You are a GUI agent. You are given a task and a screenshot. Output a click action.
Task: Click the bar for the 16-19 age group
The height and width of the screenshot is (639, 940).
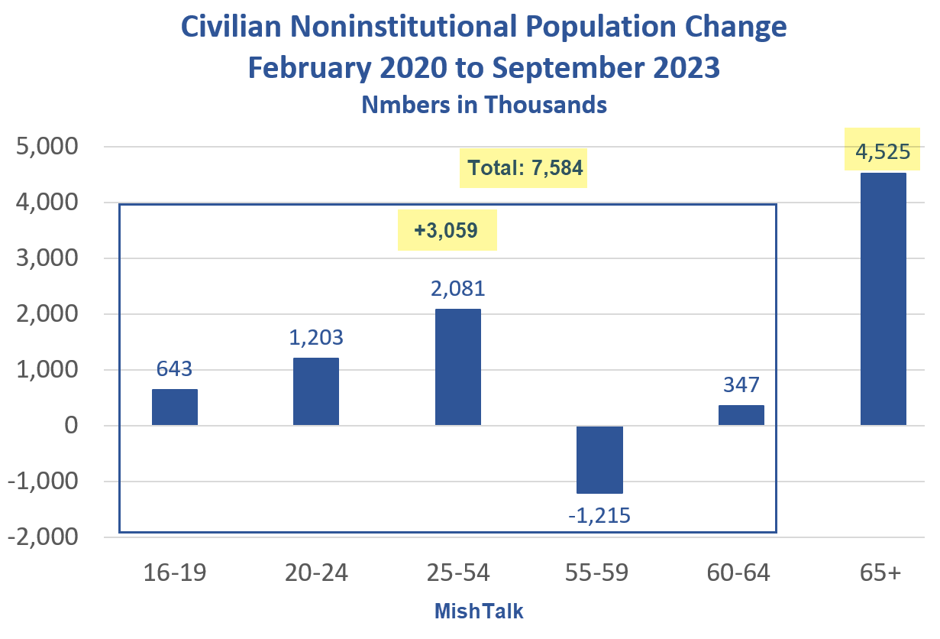[x=174, y=407]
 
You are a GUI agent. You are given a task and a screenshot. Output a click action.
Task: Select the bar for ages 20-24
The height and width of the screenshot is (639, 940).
[x=316, y=391]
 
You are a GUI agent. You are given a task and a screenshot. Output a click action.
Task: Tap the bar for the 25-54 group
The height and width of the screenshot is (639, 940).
[x=457, y=367]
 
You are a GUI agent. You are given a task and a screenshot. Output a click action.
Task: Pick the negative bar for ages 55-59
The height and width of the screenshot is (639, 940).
[x=599, y=459]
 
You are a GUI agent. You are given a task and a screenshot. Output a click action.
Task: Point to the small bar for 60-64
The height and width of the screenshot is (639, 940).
[x=741, y=415]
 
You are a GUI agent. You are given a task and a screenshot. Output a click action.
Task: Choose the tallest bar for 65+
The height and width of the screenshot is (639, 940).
[x=883, y=299]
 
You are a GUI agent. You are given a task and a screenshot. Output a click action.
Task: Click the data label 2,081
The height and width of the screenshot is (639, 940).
[x=457, y=289]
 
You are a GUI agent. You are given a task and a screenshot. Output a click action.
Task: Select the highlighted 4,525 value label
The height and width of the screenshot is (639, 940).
[x=883, y=151]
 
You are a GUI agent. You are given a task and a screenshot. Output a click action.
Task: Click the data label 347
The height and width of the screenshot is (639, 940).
[x=741, y=384]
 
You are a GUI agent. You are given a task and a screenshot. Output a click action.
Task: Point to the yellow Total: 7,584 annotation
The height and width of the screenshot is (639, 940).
[x=524, y=168]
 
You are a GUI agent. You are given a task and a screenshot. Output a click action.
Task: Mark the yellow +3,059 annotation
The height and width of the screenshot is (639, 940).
[x=447, y=230]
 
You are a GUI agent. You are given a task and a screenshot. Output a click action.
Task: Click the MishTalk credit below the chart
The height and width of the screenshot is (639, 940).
[x=479, y=611]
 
